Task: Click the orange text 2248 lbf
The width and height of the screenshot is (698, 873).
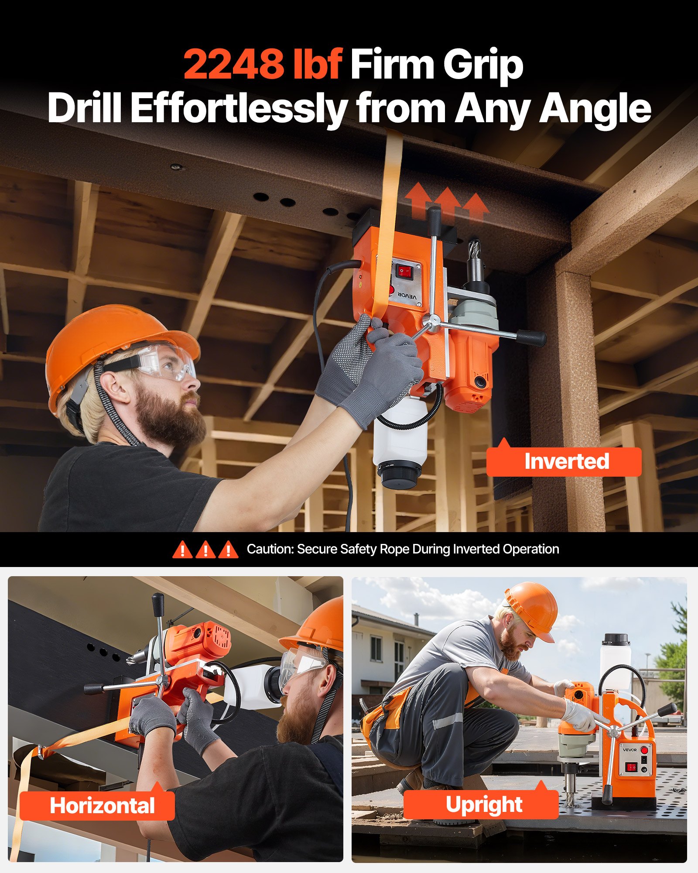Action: [x=263, y=64]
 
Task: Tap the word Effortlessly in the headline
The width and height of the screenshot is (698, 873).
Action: [x=239, y=109]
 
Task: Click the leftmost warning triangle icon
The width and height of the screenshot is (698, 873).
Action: [x=182, y=550]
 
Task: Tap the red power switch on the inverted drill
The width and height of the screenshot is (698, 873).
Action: [x=404, y=272]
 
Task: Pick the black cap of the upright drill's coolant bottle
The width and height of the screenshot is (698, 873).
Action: [x=616, y=639]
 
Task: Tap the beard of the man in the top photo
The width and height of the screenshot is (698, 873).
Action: [x=172, y=419]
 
